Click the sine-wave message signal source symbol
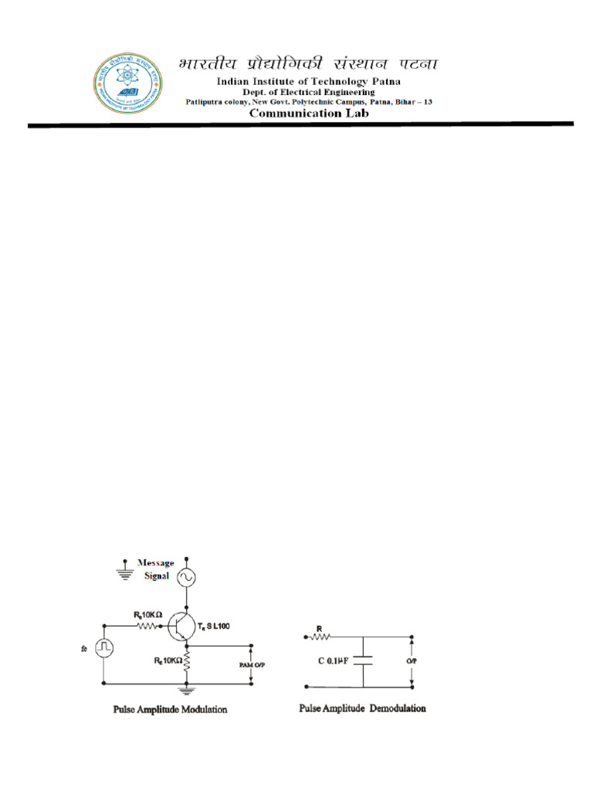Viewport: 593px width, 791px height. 186,577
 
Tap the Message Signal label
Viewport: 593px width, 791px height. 155,568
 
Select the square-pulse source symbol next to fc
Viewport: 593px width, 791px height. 104,647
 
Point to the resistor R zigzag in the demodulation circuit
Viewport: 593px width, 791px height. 321,637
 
